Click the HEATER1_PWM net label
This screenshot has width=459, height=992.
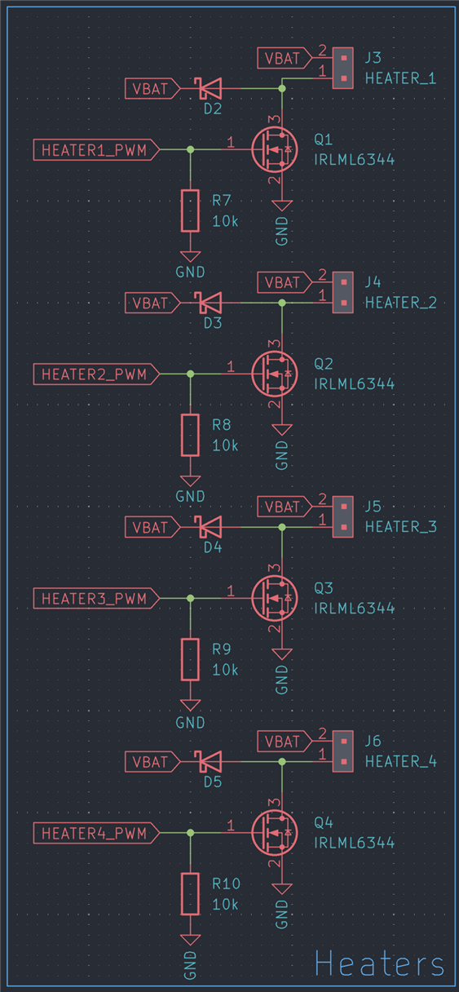[96, 149]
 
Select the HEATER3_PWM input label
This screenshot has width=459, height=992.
[96, 598]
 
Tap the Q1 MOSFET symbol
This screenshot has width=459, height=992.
[275, 149]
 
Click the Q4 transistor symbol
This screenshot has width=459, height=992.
[275, 833]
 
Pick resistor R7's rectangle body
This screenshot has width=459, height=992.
[190, 210]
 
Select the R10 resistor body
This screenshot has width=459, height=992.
[190, 893]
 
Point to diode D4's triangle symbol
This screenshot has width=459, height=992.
[210, 527]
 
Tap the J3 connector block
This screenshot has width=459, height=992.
[343, 69]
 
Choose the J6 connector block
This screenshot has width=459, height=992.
[343, 751]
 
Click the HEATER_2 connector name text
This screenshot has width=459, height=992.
[400, 303]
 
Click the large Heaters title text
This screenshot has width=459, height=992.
[379, 963]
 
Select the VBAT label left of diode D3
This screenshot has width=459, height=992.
[152, 303]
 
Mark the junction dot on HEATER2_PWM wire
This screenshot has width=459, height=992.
[190, 374]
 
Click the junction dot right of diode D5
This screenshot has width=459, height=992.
[282, 761]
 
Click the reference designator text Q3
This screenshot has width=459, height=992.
[323, 588]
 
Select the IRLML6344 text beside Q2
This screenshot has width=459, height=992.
[354, 384]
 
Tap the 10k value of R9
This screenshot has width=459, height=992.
[225, 670]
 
